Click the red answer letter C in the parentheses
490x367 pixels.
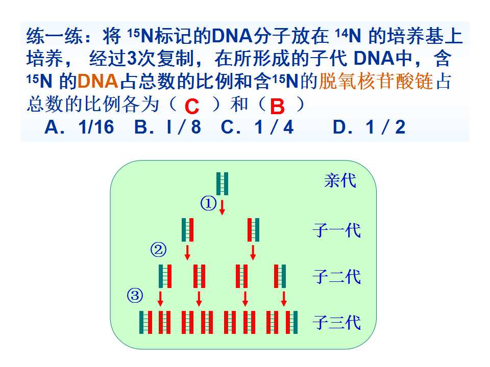[x=192, y=107]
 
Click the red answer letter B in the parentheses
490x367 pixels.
[x=277, y=107]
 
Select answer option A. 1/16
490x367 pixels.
[x=80, y=127]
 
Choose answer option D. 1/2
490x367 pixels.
[x=369, y=127]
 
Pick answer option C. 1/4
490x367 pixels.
[x=257, y=127]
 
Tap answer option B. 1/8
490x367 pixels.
[x=167, y=127]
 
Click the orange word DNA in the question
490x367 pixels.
[x=97, y=81]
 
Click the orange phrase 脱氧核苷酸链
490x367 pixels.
[x=376, y=81]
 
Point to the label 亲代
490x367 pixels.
[x=340, y=180]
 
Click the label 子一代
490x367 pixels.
[x=337, y=230]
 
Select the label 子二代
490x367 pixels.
[x=337, y=276]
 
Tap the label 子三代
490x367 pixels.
[x=337, y=322]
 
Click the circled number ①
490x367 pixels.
[x=208, y=203]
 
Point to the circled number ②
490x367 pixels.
[x=158, y=250]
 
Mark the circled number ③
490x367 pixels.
[x=135, y=295]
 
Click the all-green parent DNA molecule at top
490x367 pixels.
[x=222, y=183]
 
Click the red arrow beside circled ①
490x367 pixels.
[x=222, y=207]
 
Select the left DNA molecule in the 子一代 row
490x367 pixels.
[x=187, y=230]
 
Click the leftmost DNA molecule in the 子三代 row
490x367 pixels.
[x=145, y=322]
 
